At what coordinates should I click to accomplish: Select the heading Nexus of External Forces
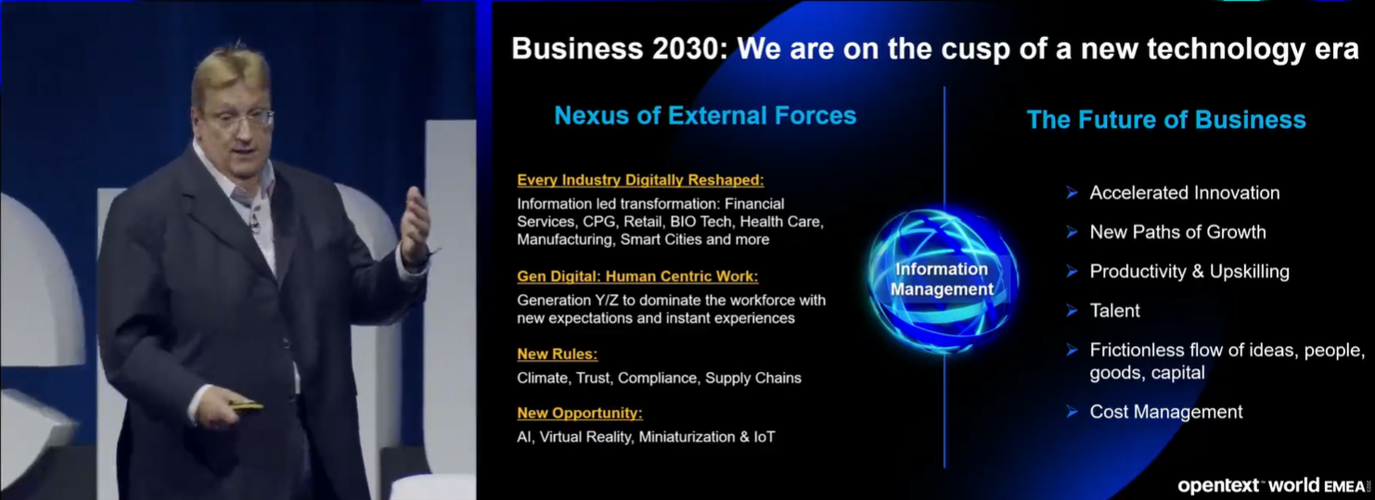[x=705, y=116]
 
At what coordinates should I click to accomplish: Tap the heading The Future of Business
[x=1166, y=120]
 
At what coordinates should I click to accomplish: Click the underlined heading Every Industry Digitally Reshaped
[x=640, y=180]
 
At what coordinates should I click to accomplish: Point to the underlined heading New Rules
[x=558, y=354]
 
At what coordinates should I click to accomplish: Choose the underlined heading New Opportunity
[x=580, y=413]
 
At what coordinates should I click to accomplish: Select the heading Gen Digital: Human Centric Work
[x=637, y=276]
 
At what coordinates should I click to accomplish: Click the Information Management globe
[x=943, y=280]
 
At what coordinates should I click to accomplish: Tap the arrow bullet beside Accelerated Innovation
[x=1073, y=193]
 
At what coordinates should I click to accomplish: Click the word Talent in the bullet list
[x=1114, y=311]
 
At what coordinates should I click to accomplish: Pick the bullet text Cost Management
[x=1165, y=412]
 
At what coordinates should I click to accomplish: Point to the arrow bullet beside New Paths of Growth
[x=1073, y=232]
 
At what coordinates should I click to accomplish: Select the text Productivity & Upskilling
[x=1189, y=271]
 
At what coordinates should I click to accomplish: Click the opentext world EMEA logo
[x=1273, y=486]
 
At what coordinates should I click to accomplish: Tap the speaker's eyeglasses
[x=240, y=119]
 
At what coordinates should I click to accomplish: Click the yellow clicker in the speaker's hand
[x=246, y=404]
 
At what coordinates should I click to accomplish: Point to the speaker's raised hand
[x=416, y=224]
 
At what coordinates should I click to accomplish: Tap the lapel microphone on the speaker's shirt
[x=253, y=221]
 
